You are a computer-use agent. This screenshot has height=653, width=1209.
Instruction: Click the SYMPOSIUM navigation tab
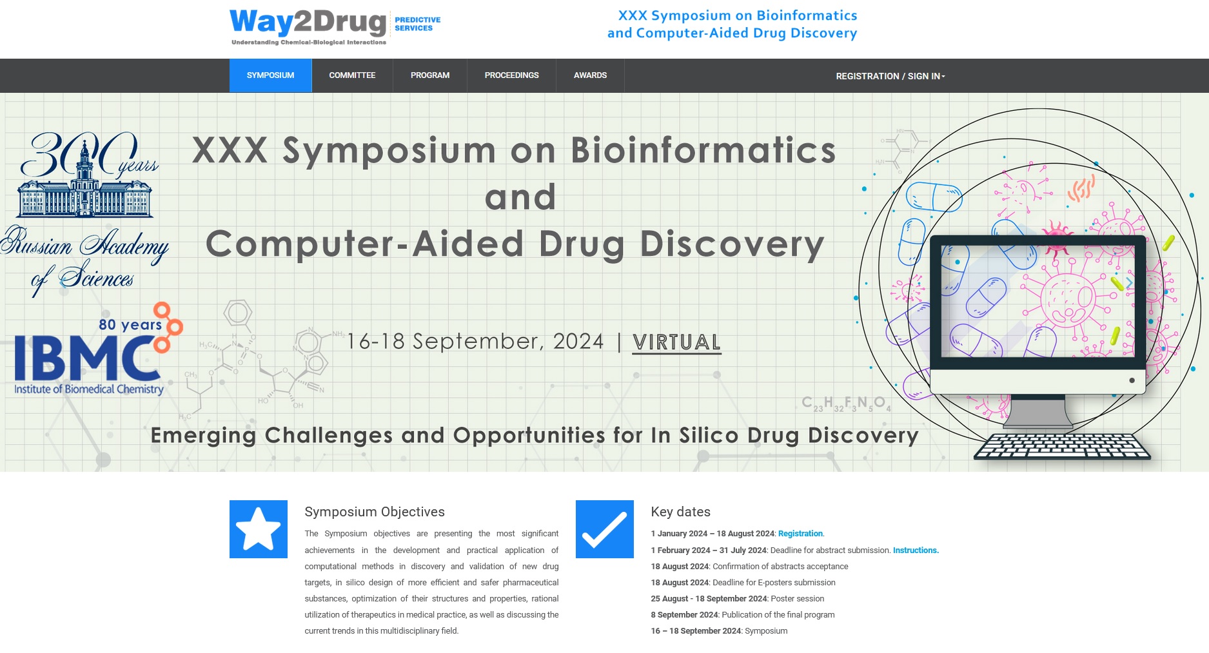coord(270,75)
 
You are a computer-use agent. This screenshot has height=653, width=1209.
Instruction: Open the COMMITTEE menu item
coord(352,75)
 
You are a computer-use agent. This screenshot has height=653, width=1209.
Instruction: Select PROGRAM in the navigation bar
coord(430,75)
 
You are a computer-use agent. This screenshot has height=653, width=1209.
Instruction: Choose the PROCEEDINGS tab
coord(511,75)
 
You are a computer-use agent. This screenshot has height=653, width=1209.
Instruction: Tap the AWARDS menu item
coord(590,75)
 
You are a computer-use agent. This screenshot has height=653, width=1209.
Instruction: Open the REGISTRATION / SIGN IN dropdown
coord(890,76)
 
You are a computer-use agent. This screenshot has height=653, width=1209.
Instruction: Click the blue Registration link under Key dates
coord(800,534)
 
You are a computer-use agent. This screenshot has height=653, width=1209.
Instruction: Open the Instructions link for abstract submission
coord(916,551)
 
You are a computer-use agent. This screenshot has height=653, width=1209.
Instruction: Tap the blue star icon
coord(259,529)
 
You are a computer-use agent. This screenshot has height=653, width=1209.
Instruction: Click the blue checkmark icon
coord(605,529)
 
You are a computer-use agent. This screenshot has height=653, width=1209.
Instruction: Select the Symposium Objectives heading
coord(375,512)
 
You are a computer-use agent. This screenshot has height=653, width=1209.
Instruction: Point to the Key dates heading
coord(680,512)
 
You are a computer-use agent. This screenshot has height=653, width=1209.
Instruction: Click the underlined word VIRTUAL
coord(676,342)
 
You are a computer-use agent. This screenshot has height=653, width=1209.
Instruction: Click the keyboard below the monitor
coord(1062,446)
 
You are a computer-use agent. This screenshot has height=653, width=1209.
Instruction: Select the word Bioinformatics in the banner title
coord(703,150)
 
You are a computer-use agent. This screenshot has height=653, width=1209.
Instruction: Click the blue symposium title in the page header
coord(732,24)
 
